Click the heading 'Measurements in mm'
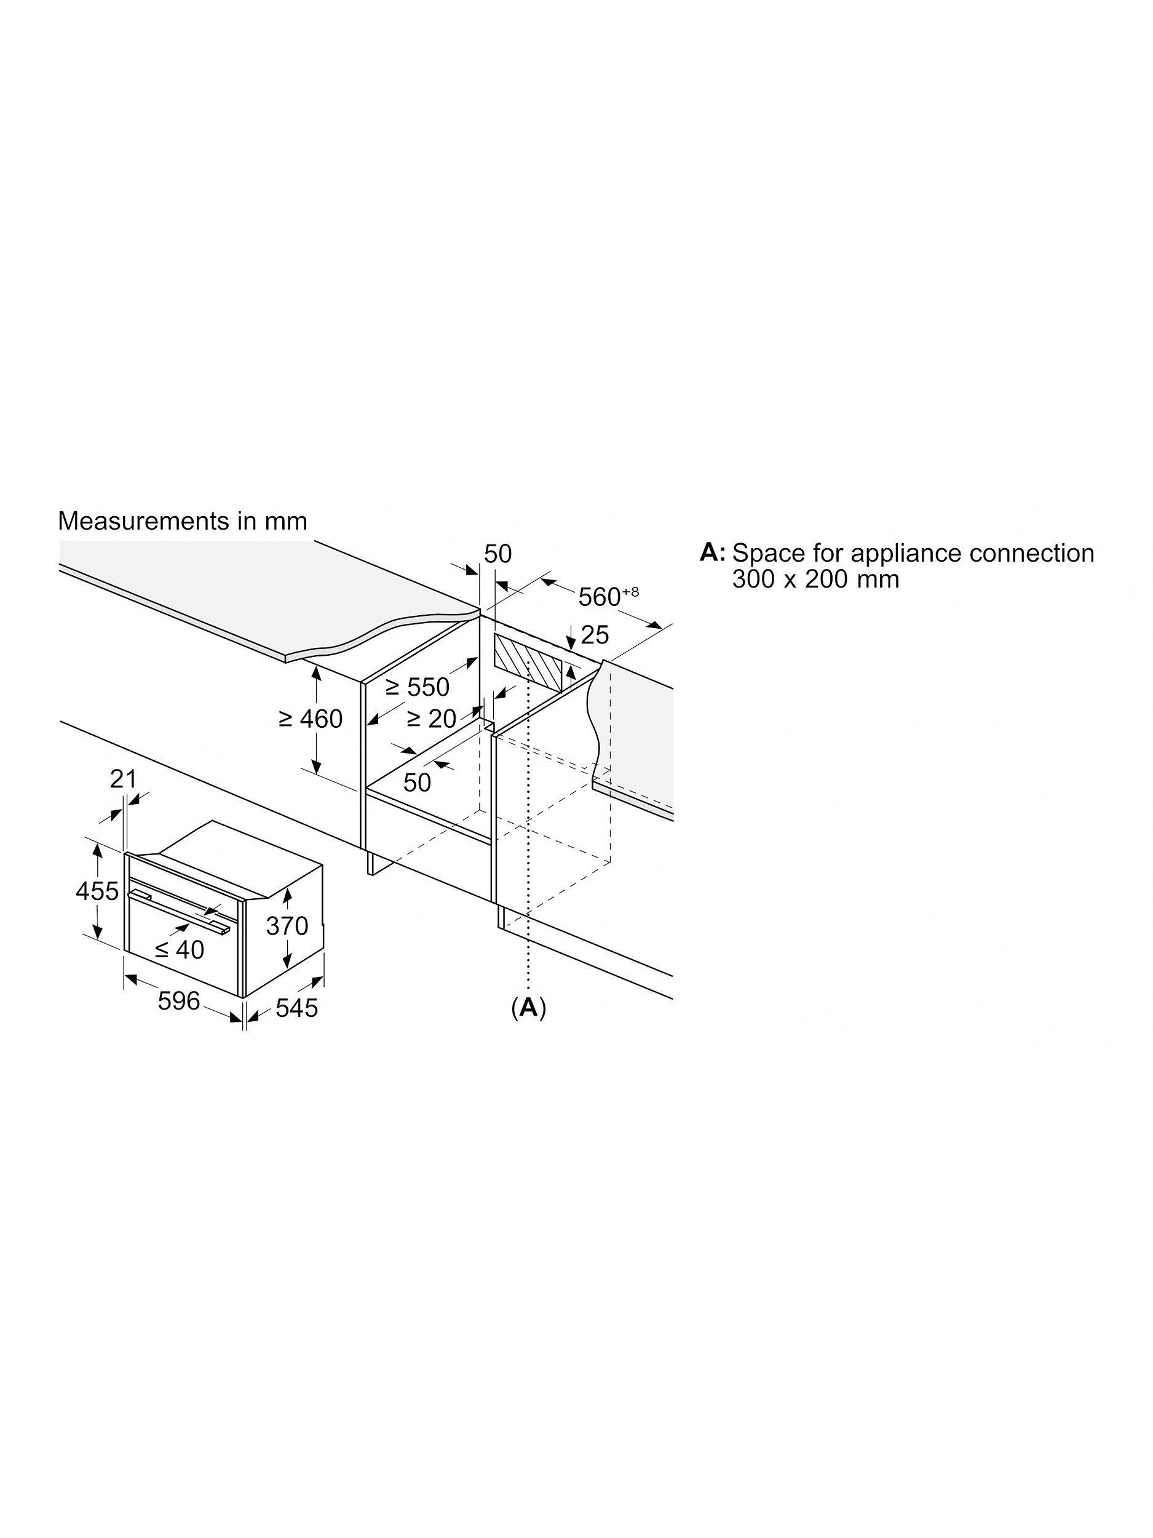[182, 521]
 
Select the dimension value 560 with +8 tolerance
[608, 596]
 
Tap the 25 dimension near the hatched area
[594, 634]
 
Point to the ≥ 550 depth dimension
[417, 687]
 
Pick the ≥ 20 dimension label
[431, 719]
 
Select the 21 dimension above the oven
[123, 779]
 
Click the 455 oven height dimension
[97, 891]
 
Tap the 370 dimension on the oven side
[287, 925]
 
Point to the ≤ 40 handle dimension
[180, 949]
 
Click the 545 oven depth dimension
[297, 1008]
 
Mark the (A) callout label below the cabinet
[528, 1007]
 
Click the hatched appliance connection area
[528, 663]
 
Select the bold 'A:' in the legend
[712, 553]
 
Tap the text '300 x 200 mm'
[815, 578]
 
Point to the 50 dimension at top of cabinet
[497, 554]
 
